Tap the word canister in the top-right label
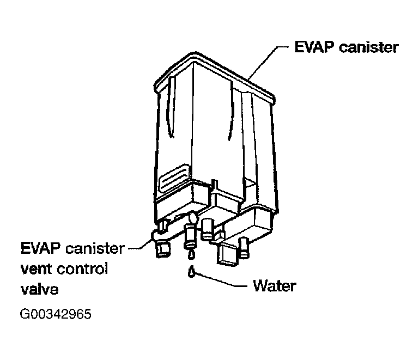368,47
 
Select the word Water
275,286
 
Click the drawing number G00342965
56,315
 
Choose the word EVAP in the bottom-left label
40,249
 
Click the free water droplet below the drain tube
192,271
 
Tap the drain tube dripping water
191,236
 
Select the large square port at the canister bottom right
228,254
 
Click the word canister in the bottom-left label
95,249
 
